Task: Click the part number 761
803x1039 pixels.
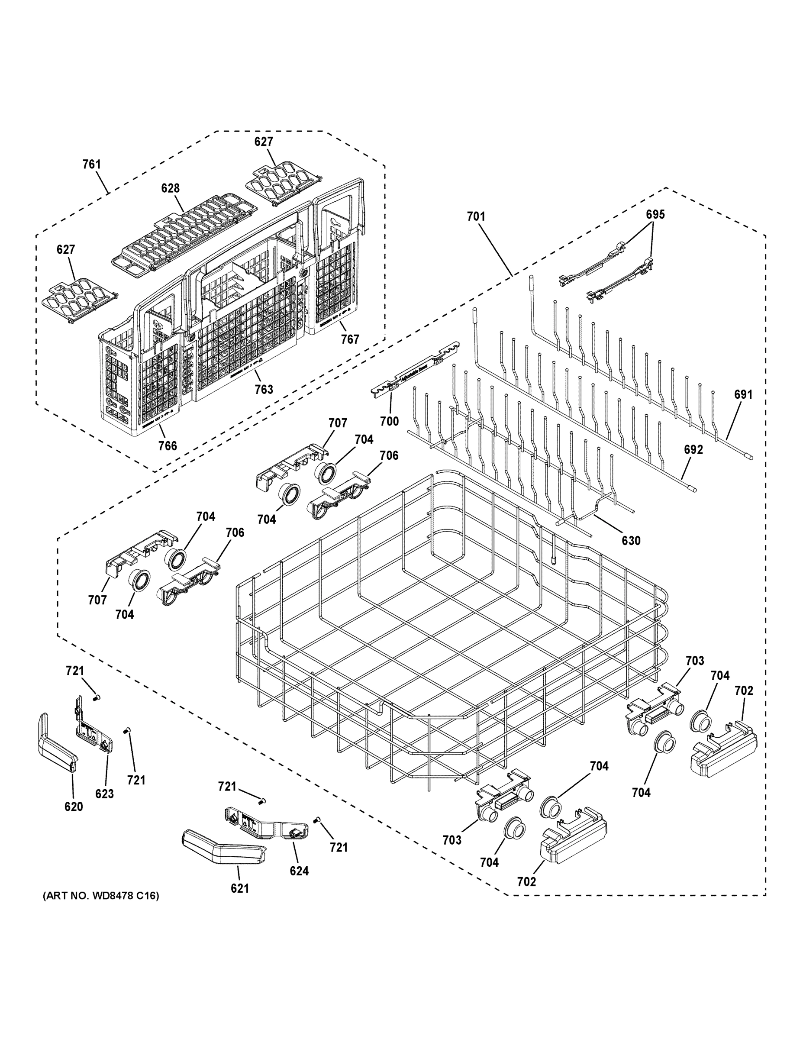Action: pos(91,165)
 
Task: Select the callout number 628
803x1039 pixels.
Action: pos(170,188)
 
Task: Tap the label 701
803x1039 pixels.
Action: pos(476,217)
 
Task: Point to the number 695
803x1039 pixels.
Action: pos(655,215)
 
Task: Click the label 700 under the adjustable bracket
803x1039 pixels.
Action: pos(389,421)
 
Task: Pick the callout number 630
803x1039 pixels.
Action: pos(631,540)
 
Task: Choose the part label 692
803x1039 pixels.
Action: pos(693,449)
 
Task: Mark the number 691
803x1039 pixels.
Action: pos(743,394)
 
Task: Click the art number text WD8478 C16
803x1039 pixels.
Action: pos(101,896)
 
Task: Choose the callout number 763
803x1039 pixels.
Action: pos(264,389)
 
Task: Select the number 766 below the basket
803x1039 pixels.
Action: pos(168,446)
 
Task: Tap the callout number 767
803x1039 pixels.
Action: pos(350,339)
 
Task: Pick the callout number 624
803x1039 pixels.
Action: pos(299,871)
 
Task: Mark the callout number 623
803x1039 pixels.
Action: pos(104,794)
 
